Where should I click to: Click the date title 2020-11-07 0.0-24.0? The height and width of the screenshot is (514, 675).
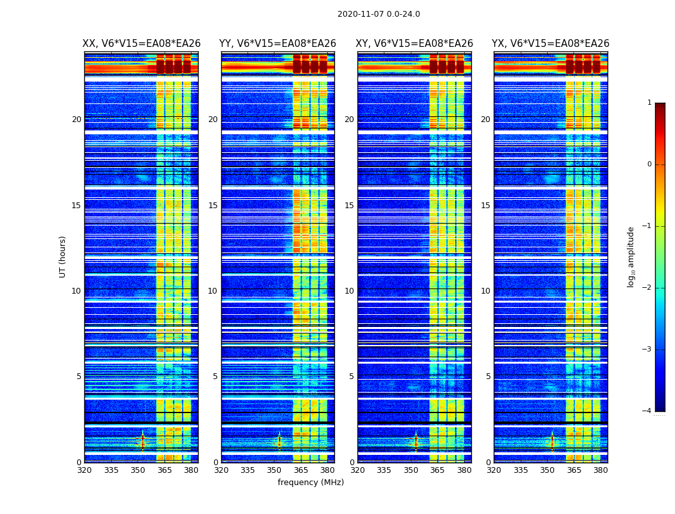click(379, 14)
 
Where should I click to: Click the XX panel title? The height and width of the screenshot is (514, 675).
click(141, 44)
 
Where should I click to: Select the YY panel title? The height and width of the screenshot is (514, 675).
click(278, 44)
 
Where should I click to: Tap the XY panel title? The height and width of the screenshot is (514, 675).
click(414, 44)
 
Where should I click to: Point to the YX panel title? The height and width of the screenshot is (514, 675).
click(550, 44)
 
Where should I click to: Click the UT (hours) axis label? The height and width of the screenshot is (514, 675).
click(63, 256)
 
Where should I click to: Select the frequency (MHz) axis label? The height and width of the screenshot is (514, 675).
click(310, 483)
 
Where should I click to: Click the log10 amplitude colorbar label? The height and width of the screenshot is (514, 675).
click(631, 256)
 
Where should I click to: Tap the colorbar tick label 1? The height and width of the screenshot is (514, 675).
click(649, 103)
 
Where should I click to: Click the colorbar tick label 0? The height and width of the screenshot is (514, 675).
click(649, 164)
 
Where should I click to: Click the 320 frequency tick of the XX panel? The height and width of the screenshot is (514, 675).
click(84, 470)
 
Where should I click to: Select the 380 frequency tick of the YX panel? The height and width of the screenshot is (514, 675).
click(600, 470)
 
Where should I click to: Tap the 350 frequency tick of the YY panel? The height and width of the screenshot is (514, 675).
click(274, 470)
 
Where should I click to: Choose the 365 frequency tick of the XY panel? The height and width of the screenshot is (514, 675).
click(437, 470)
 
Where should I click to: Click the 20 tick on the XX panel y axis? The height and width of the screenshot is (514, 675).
click(76, 120)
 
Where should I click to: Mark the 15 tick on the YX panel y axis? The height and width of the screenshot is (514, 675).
click(486, 206)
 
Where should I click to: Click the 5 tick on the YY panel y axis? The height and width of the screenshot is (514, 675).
click(215, 377)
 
